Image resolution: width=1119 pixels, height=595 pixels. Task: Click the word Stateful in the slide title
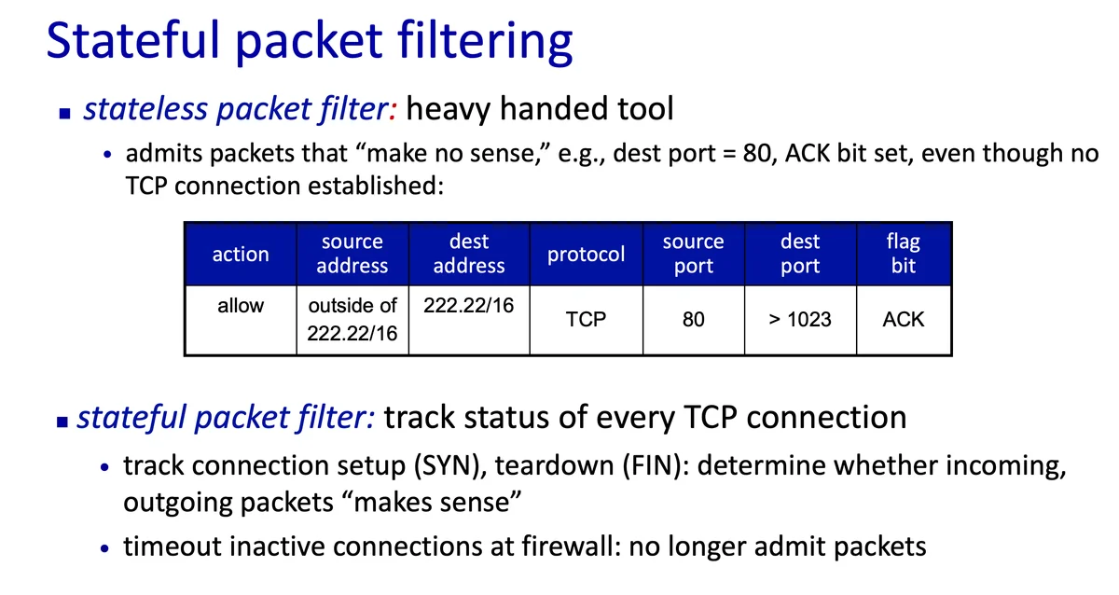(133, 40)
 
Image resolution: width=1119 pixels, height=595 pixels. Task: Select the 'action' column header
(241, 255)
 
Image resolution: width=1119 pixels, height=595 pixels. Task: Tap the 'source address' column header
(352, 255)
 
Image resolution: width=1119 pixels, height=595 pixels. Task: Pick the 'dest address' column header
(469, 255)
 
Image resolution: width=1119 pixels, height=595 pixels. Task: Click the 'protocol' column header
(586, 255)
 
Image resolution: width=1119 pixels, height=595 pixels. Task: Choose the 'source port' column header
(694, 255)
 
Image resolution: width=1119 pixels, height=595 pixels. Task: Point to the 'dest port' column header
(800, 255)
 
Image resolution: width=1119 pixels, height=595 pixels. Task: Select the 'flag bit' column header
(904, 255)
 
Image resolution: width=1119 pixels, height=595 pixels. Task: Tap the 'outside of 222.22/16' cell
(352, 319)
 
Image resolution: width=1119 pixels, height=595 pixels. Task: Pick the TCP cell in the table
(586, 319)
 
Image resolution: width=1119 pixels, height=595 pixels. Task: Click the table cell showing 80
(694, 319)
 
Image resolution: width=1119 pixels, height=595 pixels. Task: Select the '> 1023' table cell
(800, 319)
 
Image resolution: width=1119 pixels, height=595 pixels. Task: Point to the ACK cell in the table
(904, 319)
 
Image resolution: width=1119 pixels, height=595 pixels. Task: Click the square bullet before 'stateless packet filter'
(64, 114)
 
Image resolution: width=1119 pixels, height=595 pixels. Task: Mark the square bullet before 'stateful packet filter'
(62, 422)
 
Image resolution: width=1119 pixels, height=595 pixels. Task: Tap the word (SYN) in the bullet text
(449, 466)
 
